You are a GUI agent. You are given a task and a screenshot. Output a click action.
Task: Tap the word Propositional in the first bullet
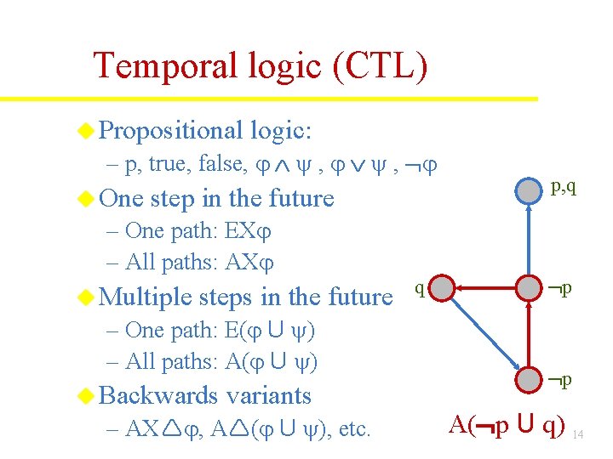171,130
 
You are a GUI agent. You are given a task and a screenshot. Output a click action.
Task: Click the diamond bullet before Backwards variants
85,395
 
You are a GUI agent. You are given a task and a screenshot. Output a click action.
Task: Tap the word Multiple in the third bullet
146,297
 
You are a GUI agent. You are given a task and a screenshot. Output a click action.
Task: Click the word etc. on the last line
354,428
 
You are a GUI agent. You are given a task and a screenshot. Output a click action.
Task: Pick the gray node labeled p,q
530,190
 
